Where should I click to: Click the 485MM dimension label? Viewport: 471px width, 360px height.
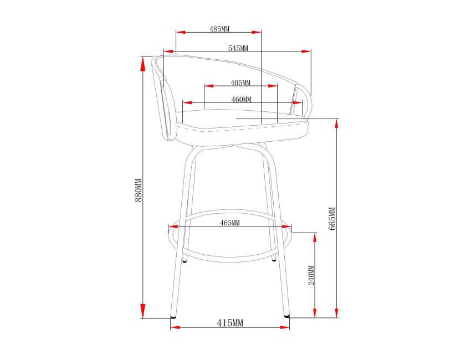pos(219,29)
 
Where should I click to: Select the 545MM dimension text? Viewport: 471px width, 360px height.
pos(238,48)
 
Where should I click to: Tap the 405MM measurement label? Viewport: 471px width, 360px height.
pos(240,83)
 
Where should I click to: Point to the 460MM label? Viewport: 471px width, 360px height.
pos(241,99)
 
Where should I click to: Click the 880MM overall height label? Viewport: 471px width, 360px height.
pos(138,191)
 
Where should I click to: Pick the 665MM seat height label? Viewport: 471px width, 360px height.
pos(332,219)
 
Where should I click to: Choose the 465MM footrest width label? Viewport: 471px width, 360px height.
pos(230,223)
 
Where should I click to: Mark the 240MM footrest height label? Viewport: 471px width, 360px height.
pos(311,275)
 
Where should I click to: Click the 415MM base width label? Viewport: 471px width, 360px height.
pos(230,323)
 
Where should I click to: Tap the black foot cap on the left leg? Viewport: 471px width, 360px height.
pos(173,316)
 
